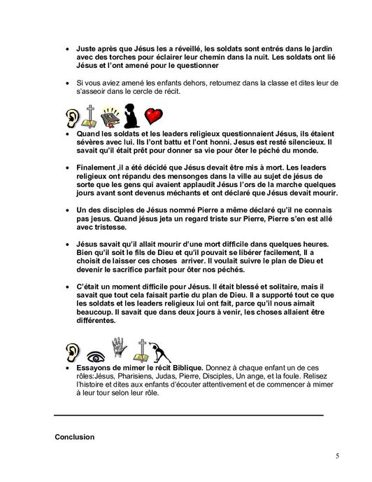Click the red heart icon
pyautogui.click(x=154, y=116)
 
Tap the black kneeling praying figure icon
pyautogui.click(x=129, y=115)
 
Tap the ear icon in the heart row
pyautogui.click(x=72, y=116)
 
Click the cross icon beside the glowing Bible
pyautogui.click(x=90, y=115)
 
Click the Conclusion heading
pyautogui.click(x=75, y=437)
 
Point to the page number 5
pyautogui.click(x=338, y=456)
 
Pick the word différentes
pyautogui.click(x=96, y=322)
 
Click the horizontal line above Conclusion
pyautogui.click(x=189, y=415)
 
